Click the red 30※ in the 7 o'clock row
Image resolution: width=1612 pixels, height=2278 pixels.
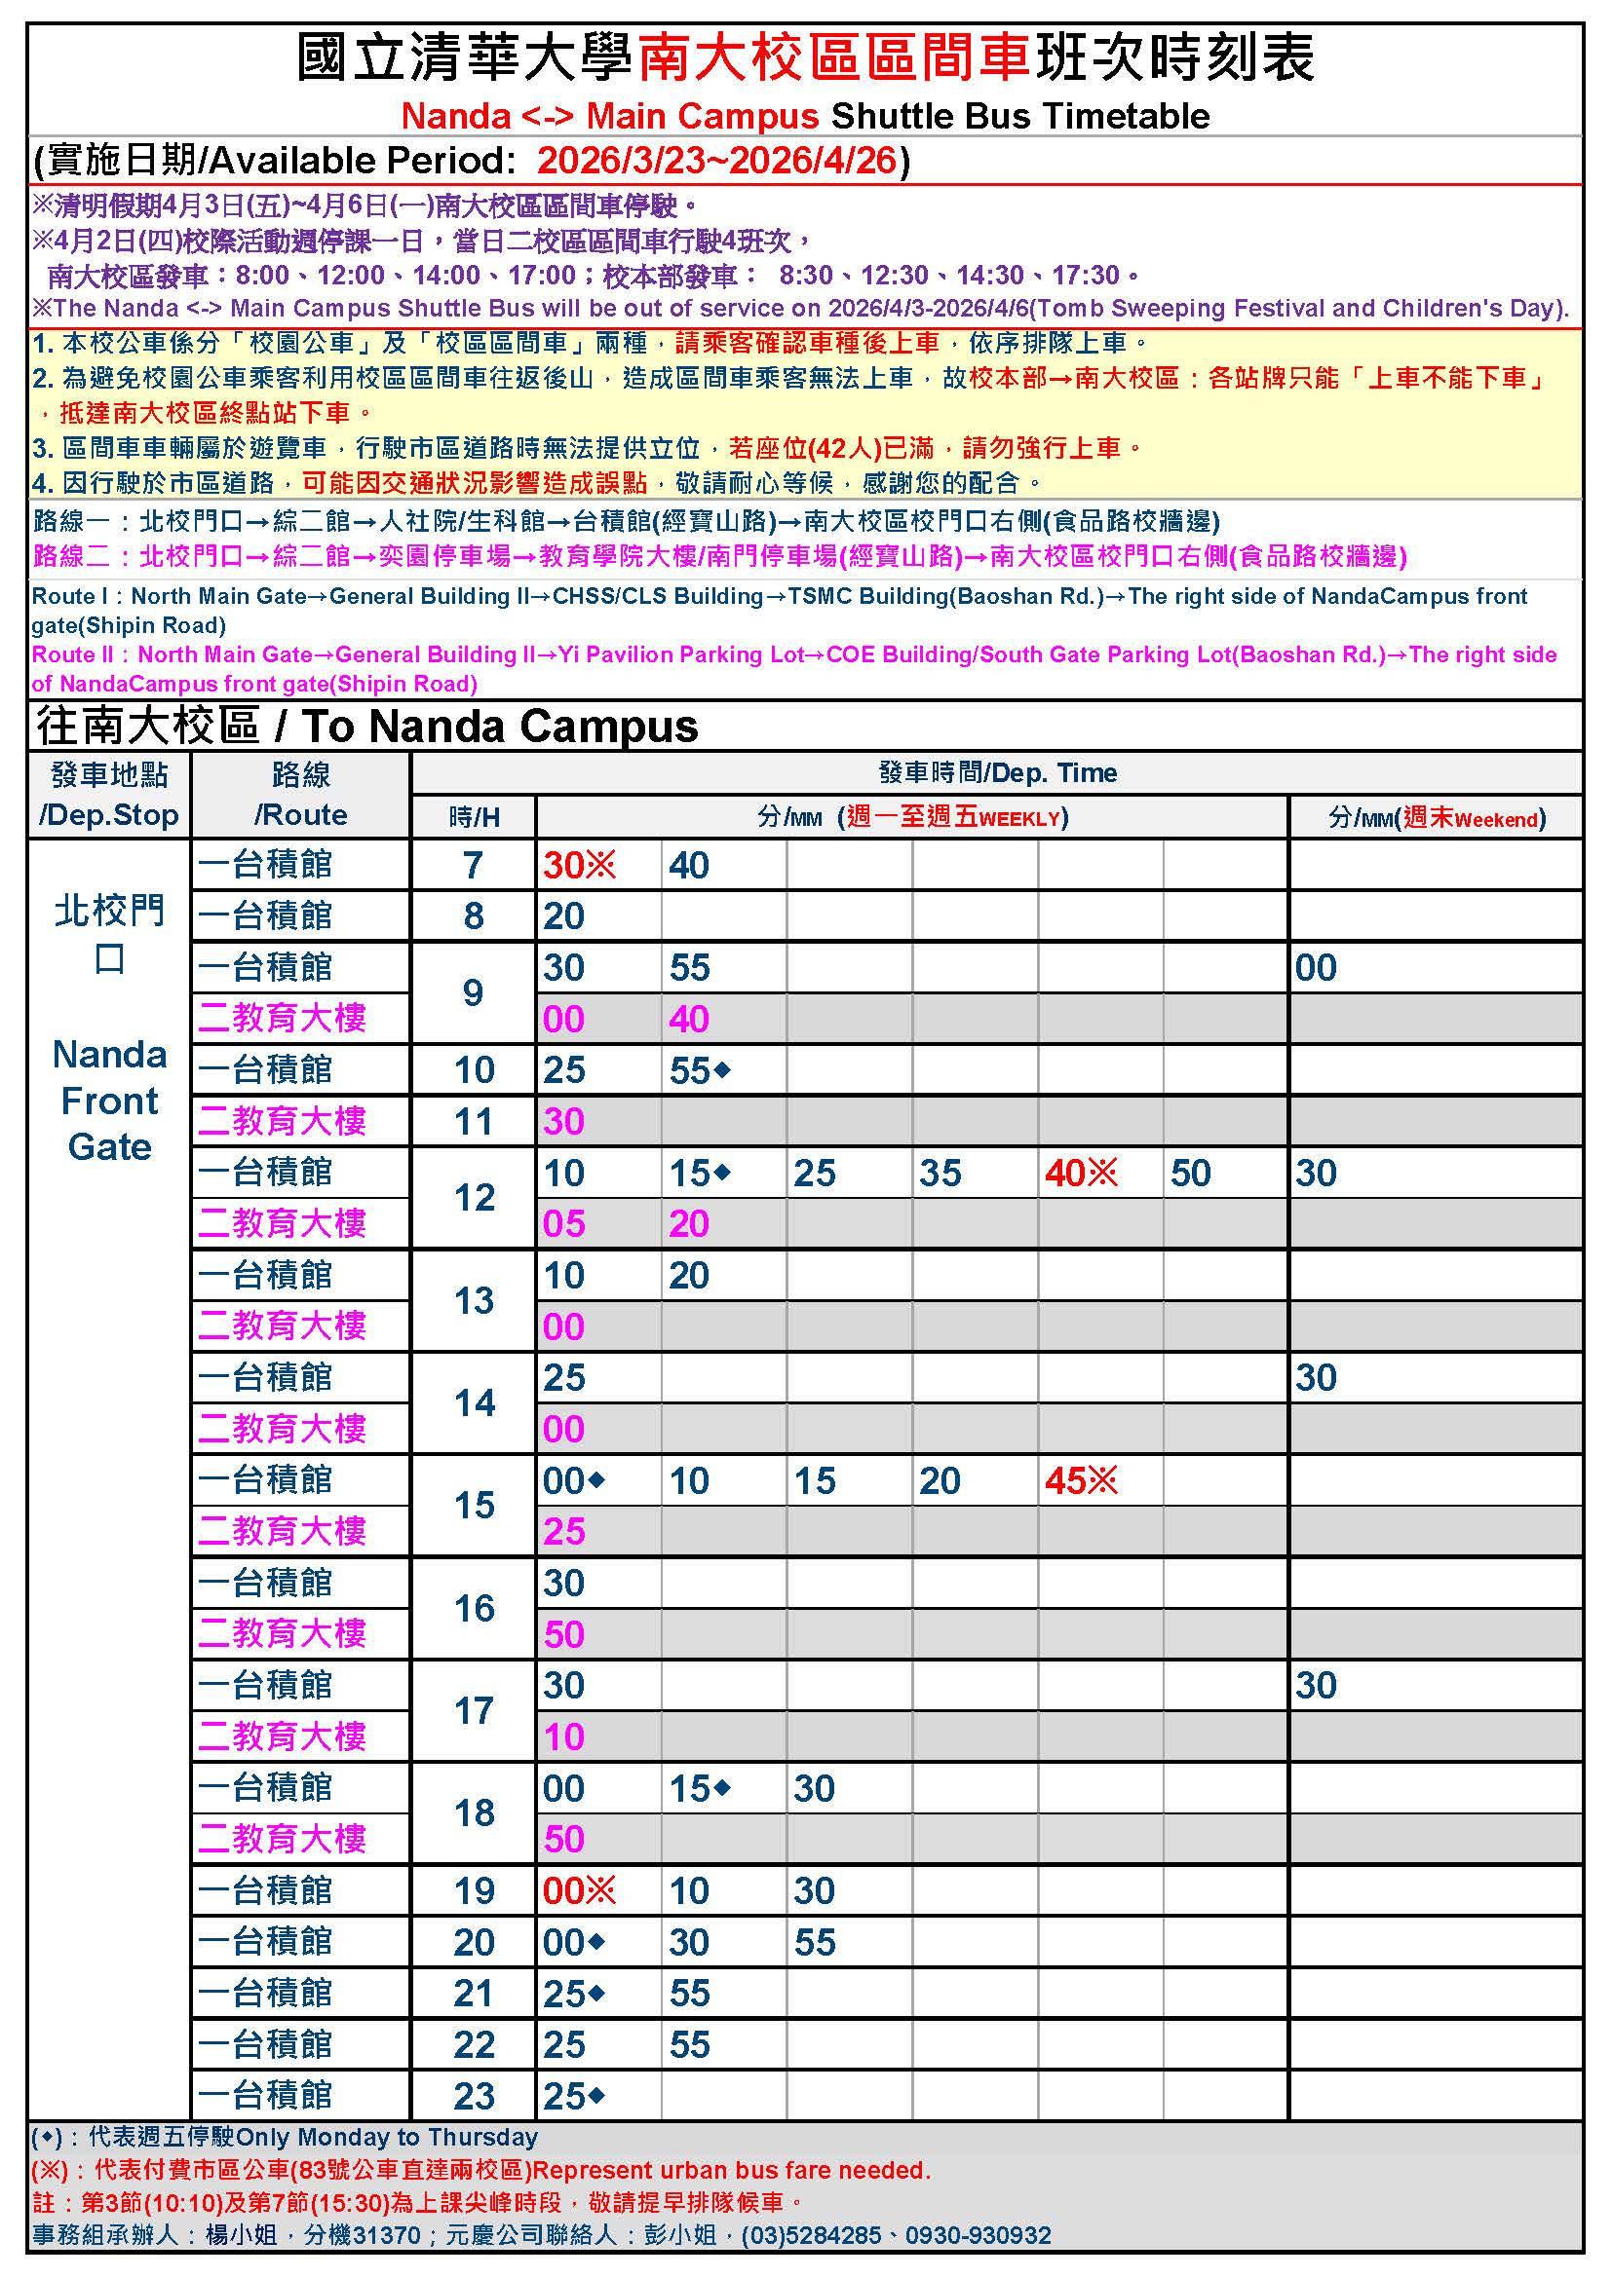[x=578, y=865]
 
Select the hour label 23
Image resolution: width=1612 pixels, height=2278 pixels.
[x=474, y=2096]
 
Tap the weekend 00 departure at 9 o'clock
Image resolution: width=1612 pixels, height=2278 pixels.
[x=1315, y=967]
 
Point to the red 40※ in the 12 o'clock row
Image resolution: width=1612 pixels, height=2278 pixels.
[x=1080, y=1173]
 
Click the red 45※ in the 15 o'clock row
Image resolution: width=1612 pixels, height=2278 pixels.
[x=1080, y=1480]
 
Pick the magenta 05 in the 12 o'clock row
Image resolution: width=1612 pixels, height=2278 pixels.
[x=562, y=1223]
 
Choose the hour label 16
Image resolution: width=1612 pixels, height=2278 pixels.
[x=474, y=1607]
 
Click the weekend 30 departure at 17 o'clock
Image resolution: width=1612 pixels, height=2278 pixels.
[x=1315, y=1685]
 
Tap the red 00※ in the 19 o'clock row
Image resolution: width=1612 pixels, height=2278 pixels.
[x=578, y=1890]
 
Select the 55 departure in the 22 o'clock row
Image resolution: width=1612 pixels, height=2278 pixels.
[x=689, y=2044]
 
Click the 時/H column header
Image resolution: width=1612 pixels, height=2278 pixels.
[x=474, y=816]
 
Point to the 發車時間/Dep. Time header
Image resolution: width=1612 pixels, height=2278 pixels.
[x=997, y=773]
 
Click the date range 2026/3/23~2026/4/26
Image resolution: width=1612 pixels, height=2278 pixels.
[x=716, y=161]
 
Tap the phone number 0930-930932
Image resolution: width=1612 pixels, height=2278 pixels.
[x=978, y=2235]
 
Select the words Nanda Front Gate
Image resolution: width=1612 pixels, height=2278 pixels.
[x=109, y=1101]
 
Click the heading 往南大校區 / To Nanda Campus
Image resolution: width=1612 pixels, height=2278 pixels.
[x=367, y=727]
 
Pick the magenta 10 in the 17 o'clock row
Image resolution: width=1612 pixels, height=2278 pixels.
[x=562, y=1737]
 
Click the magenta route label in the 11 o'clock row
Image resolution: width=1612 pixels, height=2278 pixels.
[x=282, y=1121]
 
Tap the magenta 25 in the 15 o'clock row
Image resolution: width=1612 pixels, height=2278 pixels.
[x=562, y=1531]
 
